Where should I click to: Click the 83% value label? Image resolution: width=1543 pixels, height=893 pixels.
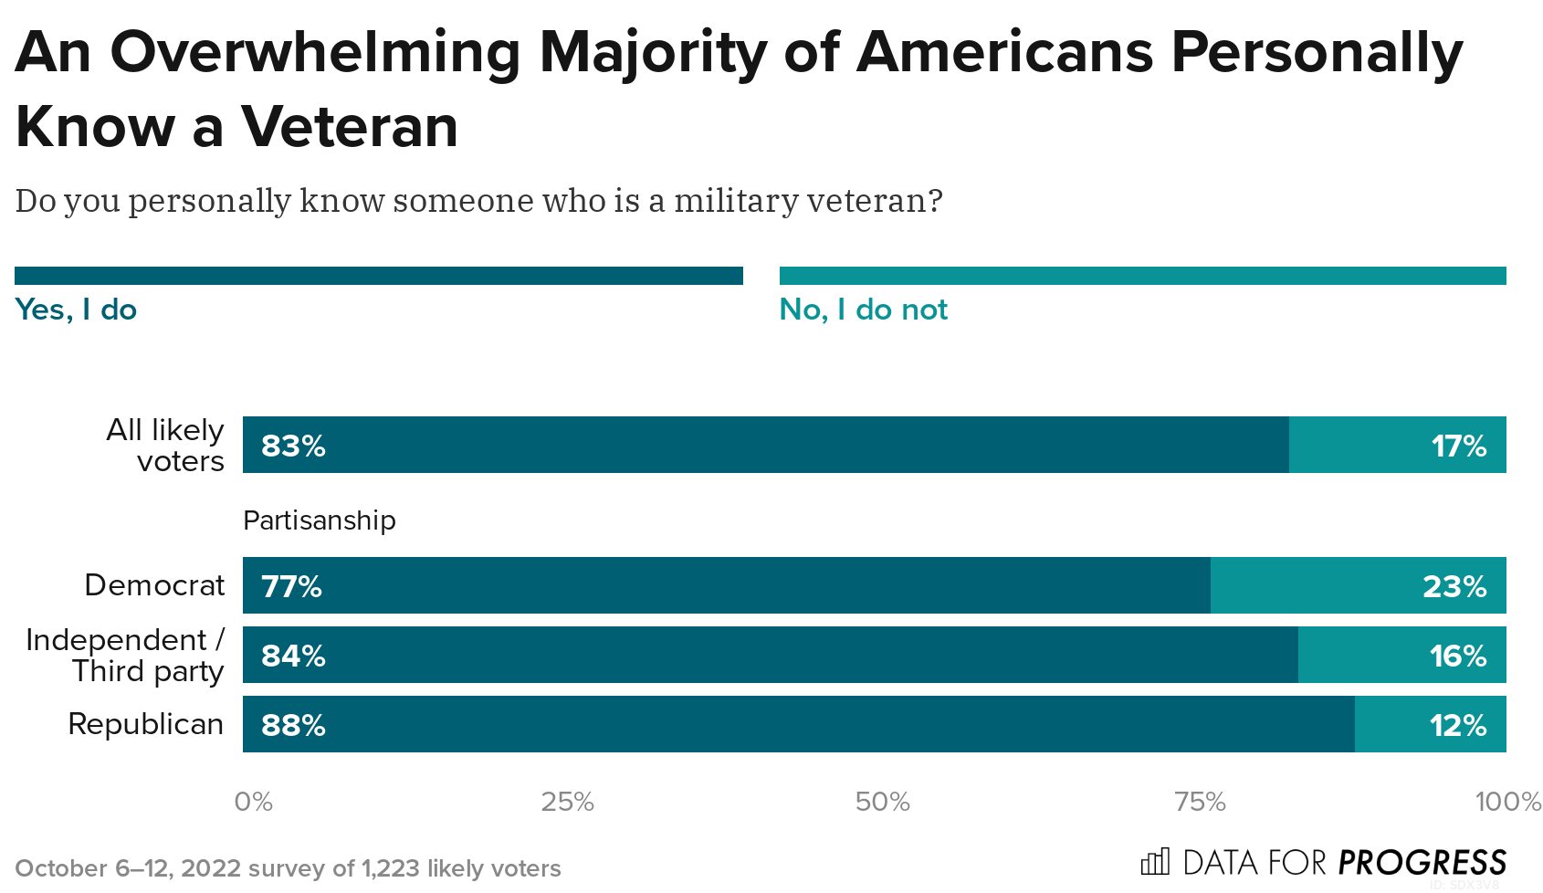pyautogui.click(x=293, y=446)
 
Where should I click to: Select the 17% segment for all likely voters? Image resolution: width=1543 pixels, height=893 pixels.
pyautogui.click(x=1397, y=446)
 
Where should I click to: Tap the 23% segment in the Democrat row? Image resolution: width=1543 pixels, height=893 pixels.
pyautogui.click(x=1358, y=585)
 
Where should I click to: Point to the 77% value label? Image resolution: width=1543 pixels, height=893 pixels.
pyautogui.click(x=291, y=585)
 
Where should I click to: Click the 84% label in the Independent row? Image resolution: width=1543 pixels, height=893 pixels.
pyautogui.click(x=293, y=656)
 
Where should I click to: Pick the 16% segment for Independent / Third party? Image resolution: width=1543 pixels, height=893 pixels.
pyautogui.click(x=1401, y=656)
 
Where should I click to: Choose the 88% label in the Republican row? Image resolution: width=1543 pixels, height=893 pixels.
pyautogui.click(x=293, y=725)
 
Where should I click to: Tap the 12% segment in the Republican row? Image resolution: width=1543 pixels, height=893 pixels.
pyautogui.click(x=1430, y=725)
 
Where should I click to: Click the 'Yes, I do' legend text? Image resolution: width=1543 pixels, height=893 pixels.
pyautogui.click(x=76, y=310)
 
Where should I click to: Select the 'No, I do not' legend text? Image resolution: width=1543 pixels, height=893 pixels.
pyautogui.click(x=863, y=310)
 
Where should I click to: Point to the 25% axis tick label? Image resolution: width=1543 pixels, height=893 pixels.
pyautogui.click(x=567, y=802)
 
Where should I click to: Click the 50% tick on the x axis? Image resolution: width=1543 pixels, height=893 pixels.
pyautogui.click(x=882, y=802)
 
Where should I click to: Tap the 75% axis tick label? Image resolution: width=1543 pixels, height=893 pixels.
pyautogui.click(x=1199, y=802)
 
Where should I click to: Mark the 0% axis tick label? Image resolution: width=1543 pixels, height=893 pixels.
pyautogui.click(x=253, y=802)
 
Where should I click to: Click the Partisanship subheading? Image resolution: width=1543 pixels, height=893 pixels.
pyautogui.click(x=319, y=520)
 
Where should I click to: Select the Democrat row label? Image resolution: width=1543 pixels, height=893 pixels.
pyautogui.click(x=153, y=585)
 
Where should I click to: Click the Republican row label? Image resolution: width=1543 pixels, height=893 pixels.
pyautogui.click(x=145, y=724)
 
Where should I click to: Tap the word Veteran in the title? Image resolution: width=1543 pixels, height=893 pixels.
pyautogui.click(x=349, y=126)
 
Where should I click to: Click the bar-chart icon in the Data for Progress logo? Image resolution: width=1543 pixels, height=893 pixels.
pyautogui.click(x=1155, y=862)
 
